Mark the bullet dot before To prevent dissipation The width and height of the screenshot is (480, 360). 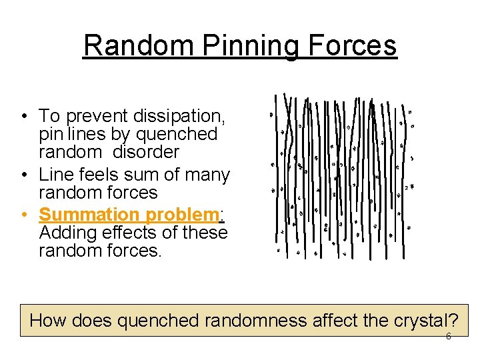click(23, 118)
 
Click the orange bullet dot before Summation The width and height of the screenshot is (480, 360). click(23, 215)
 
